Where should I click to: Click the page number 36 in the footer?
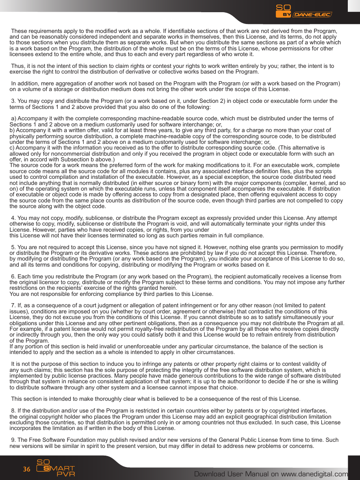[x=27, y=469]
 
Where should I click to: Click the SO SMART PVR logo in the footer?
[x=56, y=468]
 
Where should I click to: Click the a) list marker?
[x=14, y=118]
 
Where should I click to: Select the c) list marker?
[x=12, y=148]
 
